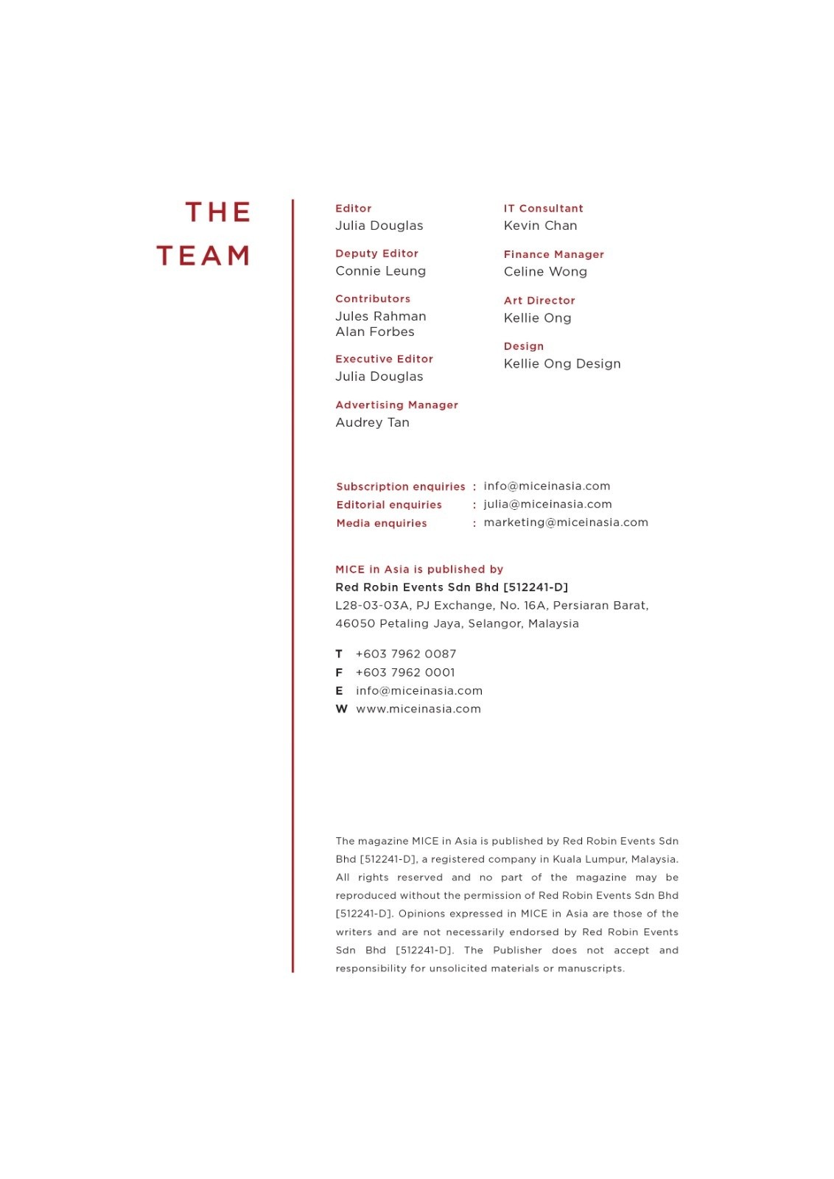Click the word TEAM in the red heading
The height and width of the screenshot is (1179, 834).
pyautogui.click(x=203, y=256)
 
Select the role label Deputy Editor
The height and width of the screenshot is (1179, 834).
pyautogui.click(x=376, y=253)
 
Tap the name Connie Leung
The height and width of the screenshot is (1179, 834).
pyautogui.click(x=380, y=271)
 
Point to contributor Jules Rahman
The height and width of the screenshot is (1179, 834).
pyautogui.click(x=380, y=316)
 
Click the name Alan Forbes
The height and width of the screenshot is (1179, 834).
pyautogui.click(x=374, y=332)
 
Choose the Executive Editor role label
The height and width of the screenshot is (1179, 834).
pyautogui.click(x=384, y=359)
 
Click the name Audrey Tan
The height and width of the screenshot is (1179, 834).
pyautogui.click(x=372, y=422)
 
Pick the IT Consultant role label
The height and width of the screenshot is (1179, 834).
pyautogui.click(x=543, y=209)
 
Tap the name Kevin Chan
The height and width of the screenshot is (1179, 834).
pyautogui.click(x=540, y=225)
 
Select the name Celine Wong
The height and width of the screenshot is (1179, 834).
pyautogui.click(x=545, y=272)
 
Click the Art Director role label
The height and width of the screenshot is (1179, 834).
pyautogui.click(x=539, y=301)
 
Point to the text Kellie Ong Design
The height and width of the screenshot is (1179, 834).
pyautogui.click(x=562, y=364)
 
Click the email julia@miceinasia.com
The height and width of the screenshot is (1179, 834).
pyautogui.click(x=547, y=504)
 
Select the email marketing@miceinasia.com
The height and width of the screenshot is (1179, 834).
pyautogui.click(x=566, y=522)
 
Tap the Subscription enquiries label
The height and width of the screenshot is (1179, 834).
pyautogui.click(x=401, y=486)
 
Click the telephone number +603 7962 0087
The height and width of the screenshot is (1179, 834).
pyautogui.click(x=406, y=654)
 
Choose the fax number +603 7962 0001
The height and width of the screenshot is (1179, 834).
pyautogui.click(x=405, y=673)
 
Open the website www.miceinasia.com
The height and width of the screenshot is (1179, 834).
pyautogui.click(x=418, y=709)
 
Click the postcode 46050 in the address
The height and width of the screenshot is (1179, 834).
pyautogui.click(x=354, y=623)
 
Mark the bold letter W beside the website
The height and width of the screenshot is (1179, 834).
pyautogui.click(x=341, y=709)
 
